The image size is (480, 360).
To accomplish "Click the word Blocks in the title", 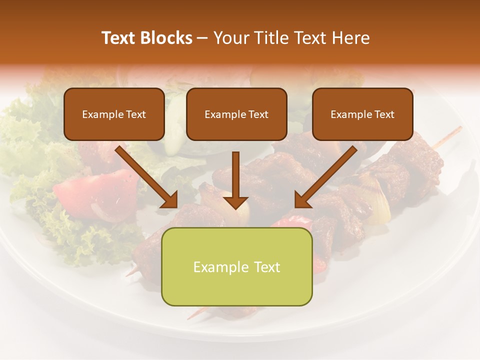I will tap(167, 38).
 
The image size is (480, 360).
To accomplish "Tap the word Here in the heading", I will tap(350, 38).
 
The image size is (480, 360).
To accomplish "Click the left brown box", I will tap(114, 114).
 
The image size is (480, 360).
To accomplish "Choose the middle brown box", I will tap(236, 114).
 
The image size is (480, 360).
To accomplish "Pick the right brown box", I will tap(362, 114).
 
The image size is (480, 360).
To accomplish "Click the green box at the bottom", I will tap(236, 267).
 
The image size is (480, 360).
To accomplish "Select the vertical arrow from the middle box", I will tap(235, 175).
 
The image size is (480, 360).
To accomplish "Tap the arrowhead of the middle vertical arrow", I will tap(235, 202).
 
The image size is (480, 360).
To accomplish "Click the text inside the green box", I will tap(236, 267).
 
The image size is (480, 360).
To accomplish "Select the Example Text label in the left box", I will tap(114, 114).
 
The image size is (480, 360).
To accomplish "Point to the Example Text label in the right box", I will tap(362, 114).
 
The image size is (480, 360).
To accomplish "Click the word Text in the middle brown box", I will tap(258, 114).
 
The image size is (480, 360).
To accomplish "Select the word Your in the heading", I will tap(230, 38).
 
